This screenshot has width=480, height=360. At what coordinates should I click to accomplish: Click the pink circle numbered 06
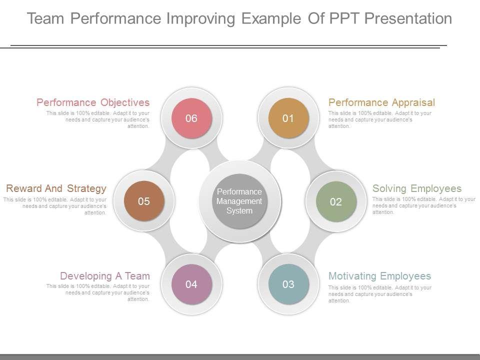click(x=191, y=118)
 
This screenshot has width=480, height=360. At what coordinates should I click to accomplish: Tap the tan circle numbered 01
click(x=288, y=118)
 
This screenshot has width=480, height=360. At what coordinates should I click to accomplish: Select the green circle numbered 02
click(x=336, y=201)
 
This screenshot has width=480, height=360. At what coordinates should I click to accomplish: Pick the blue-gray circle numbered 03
click(x=288, y=284)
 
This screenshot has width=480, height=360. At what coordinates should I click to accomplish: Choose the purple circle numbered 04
click(x=191, y=284)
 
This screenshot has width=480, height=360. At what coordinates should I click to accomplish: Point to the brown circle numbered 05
click(x=144, y=201)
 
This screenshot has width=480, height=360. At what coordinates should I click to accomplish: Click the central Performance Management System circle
click(x=239, y=201)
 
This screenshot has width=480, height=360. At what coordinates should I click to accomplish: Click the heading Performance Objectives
click(x=93, y=102)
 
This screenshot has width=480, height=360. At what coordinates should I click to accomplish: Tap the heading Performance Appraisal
click(x=381, y=102)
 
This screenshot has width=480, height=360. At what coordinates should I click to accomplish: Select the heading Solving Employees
click(x=417, y=188)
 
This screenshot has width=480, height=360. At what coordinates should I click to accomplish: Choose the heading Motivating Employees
click(x=379, y=276)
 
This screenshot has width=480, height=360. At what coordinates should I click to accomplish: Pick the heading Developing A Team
click(x=105, y=276)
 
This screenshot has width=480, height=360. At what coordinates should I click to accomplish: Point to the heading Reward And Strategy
click(x=56, y=188)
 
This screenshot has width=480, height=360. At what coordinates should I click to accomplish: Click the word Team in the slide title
click(x=46, y=18)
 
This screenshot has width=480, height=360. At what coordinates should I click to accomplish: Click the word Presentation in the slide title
click(x=408, y=18)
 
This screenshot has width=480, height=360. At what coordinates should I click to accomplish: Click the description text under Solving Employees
click(x=423, y=205)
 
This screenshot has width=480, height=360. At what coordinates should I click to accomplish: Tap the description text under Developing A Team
click(x=98, y=293)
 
